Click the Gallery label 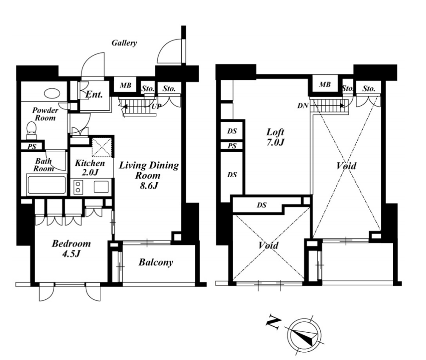[124, 43]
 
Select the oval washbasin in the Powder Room [51, 93]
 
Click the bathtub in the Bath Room [46, 185]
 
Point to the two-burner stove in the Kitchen [78, 187]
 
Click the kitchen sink [101, 187]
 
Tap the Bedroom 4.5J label [71, 248]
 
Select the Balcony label [156, 262]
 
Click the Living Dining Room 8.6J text [149, 175]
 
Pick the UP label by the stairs [156, 106]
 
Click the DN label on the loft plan [303, 105]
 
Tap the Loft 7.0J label [275, 137]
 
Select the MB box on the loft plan [325, 84]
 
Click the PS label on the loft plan [232, 146]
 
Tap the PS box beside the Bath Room [32, 146]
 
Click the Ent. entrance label [94, 94]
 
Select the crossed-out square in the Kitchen [102, 148]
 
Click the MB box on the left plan [125, 85]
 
